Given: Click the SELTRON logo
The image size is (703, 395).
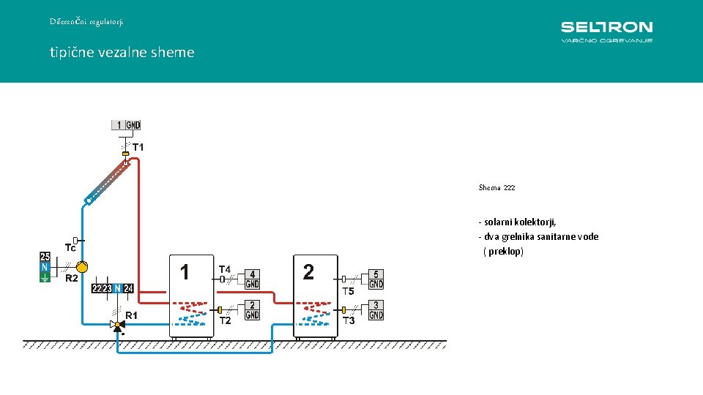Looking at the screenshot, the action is [606, 31].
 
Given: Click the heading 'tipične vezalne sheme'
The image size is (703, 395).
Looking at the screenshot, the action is [122, 53].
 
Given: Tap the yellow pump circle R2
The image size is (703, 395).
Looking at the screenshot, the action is [82, 267].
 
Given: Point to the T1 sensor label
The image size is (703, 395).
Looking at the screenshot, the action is [138, 147].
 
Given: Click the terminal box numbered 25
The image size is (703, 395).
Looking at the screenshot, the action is [45, 257].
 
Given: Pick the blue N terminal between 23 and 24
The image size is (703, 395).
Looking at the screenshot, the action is [117, 288].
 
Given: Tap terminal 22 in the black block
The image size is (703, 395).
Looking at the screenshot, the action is [97, 288].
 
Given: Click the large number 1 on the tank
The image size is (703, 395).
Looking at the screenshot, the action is [185, 272].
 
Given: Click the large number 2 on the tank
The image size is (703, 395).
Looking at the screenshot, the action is [308, 272].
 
